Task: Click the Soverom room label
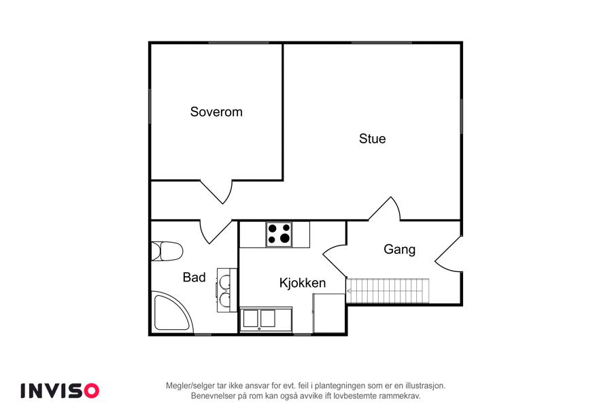[216, 112]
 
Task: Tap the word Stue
[373, 139]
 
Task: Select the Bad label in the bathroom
[194, 277]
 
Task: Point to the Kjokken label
[303, 283]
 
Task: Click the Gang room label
[399, 249]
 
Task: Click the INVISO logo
[60, 390]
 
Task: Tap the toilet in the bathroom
[167, 251]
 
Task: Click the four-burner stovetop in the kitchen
[279, 234]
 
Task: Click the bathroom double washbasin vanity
[226, 290]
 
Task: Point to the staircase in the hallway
[388, 290]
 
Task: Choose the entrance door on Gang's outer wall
[449, 254]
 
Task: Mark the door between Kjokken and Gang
[335, 261]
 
